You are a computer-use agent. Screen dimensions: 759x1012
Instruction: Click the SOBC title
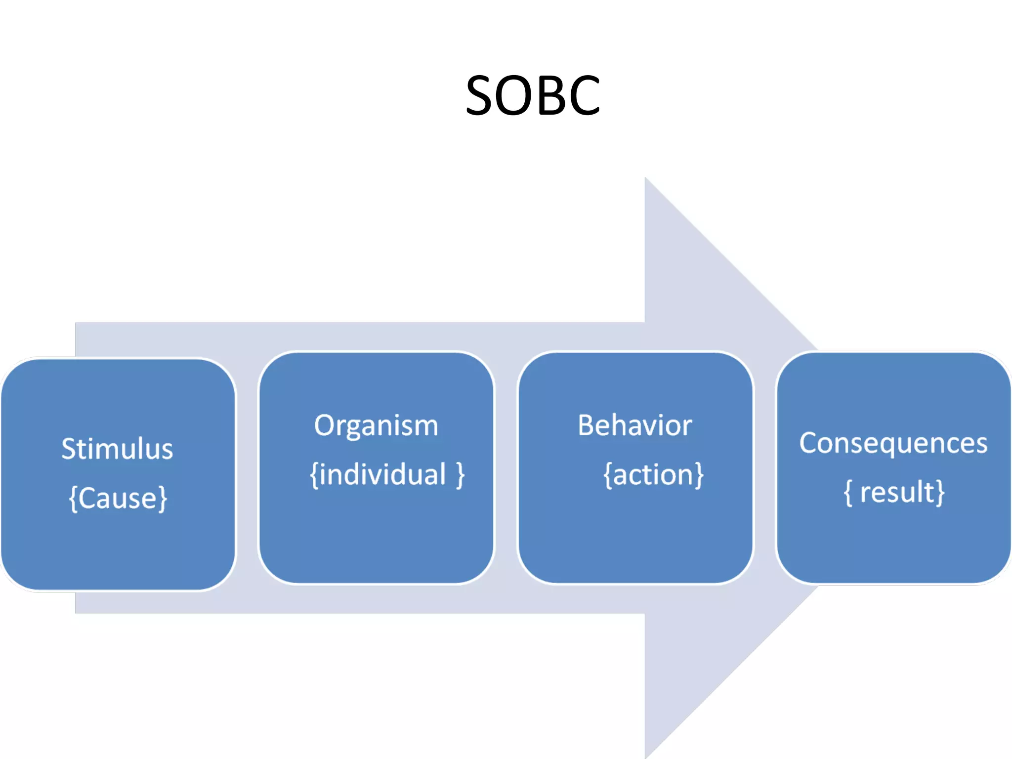(x=533, y=95)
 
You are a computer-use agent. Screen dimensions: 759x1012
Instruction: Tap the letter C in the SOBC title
(x=585, y=95)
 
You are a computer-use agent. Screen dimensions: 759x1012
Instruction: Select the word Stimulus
(x=117, y=449)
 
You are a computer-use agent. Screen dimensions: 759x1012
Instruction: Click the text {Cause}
(x=118, y=498)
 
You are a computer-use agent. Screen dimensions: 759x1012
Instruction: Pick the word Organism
(x=376, y=425)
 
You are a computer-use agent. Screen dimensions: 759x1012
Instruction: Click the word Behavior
(x=634, y=425)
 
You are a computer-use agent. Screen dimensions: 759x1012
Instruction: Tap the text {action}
(x=653, y=474)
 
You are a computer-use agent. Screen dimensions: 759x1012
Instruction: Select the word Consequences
(x=893, y=443)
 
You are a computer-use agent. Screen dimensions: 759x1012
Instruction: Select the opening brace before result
(x=848, y=493)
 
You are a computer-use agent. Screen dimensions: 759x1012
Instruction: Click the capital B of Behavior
(x=586, y=425)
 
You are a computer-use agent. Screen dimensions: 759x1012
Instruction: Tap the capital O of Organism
(x=324, y=425)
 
